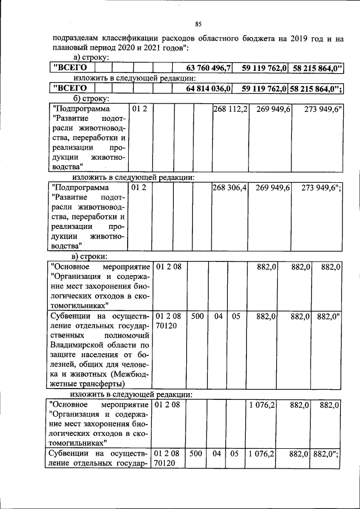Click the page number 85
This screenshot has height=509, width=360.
tap(198, 24)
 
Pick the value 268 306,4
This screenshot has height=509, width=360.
tap(229, 187)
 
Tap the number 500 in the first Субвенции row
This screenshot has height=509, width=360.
tap(197, 317)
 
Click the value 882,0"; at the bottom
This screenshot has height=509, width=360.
tap(327, 453)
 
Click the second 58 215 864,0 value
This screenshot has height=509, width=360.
tap(318, 88)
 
